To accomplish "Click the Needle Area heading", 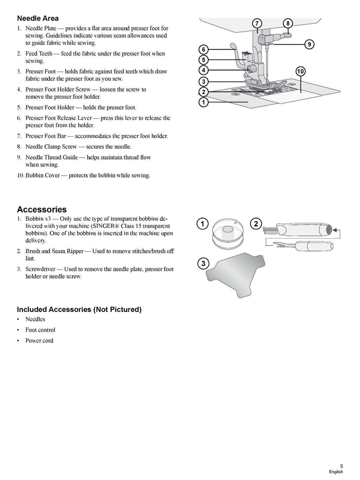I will tap(38, 18).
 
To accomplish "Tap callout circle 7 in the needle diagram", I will tap(257, 24).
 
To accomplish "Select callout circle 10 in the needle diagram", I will tap(300, 72).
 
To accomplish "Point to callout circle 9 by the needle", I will tap(309, 44).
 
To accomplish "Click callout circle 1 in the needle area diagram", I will tap(204, 103).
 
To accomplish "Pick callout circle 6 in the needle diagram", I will tap(204, 49).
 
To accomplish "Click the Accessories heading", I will tap(42, 209).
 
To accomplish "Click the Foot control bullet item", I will tap(40, 330).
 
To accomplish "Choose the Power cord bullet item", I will tap(39, 340).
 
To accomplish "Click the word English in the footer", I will tap(336, 472).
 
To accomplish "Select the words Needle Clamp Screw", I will tap(51, 147).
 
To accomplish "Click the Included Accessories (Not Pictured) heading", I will tap(79, 310).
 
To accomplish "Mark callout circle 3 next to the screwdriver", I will tap(203, 263).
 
